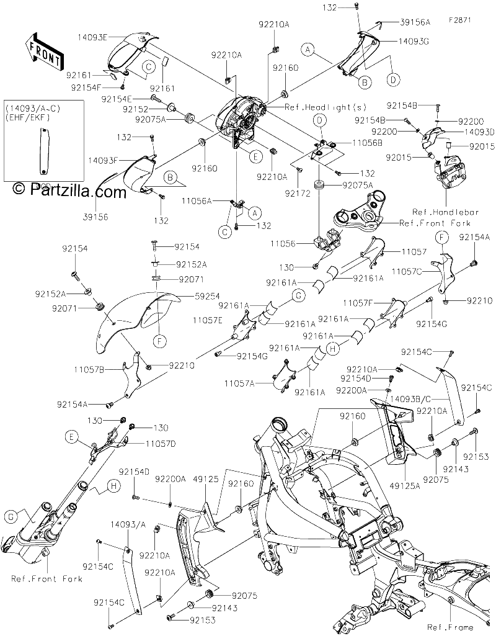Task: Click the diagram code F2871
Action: [459, 20]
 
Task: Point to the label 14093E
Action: [92, 37]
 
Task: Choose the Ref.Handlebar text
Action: [445, 212]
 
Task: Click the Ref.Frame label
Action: [450, 627]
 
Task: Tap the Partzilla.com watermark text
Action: [69, 190]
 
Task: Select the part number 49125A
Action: [404, 486]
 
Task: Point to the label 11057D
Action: [160, 444]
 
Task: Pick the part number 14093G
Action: [414, 42]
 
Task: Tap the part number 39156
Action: [95, 217]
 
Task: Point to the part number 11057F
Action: [358, 303]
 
